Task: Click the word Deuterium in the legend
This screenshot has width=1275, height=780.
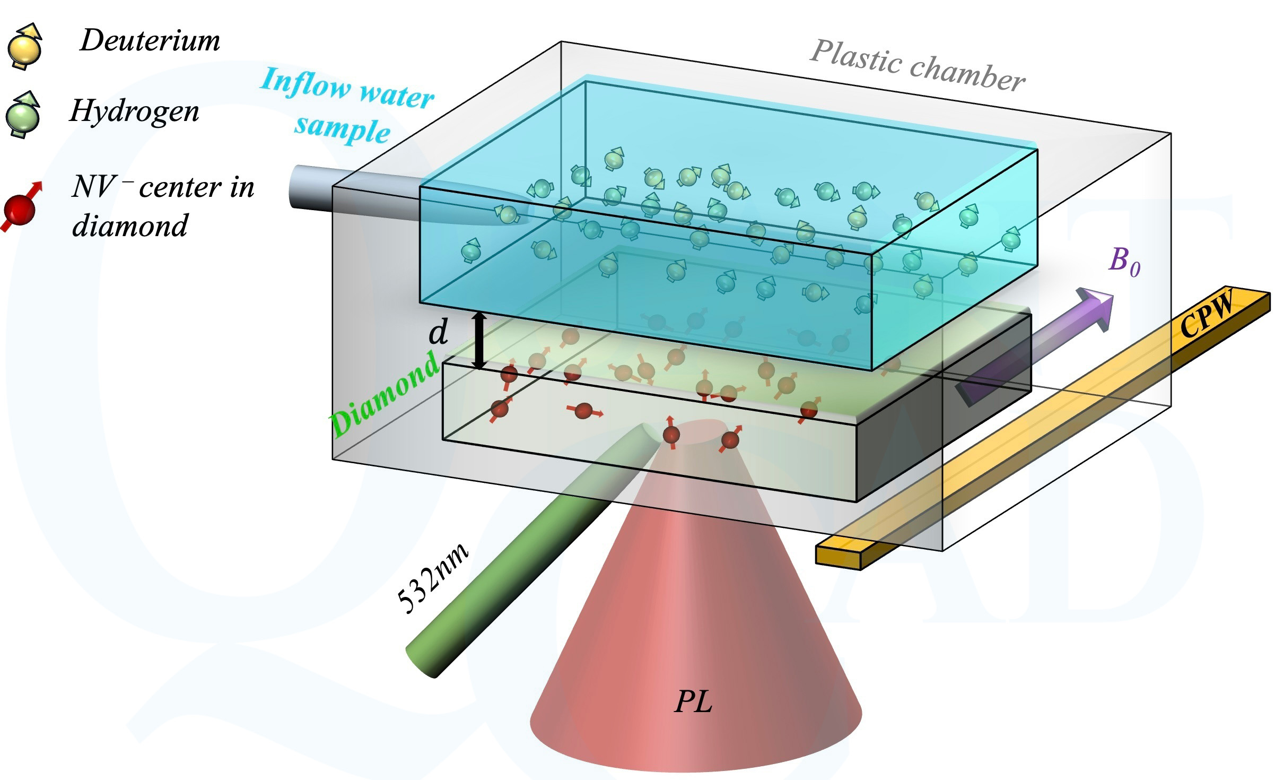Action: pyautogui.click(x=150, y=41)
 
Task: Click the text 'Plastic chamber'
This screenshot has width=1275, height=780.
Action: pyautogui.click(x=917, y=67)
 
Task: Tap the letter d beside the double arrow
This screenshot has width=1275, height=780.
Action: pyautogui.click(x=438, y=333)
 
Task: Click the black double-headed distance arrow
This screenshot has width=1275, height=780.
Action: pyautogui.click(x=479, y=341)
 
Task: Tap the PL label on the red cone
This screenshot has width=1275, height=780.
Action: pyautogui.click(x=693, y=703)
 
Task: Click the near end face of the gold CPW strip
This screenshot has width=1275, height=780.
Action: pyautogui.click(x=838, y=558)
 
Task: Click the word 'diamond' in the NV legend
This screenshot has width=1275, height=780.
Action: pyautogui.click(x=130, y=226)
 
